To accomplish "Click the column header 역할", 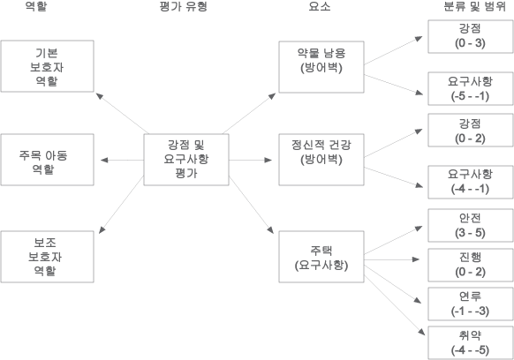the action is click(x=36, y=6).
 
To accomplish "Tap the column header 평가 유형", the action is click(x=183, y=6).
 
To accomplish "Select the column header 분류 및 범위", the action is click(x=474, y=6).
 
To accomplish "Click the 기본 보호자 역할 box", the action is click(x=47, y=66).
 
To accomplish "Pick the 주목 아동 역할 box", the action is click(x=47, y=160).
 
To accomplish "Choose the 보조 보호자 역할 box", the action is click(x=47, y=257).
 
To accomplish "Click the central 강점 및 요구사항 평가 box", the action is click(x=186, y=160).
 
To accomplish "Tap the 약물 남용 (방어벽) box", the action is click(x=321, y=67).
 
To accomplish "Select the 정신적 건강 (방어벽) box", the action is click(x=321, y=160).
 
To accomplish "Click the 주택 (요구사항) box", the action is click(x=321, y=257).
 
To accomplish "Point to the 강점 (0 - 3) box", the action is click(x=471, y=36).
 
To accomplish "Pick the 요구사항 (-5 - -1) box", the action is click(x=471, y=89).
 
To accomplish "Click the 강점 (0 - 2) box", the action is click(x=471, y=131).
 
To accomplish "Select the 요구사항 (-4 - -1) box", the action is click(x=471, y=182).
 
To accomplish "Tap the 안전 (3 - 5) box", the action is click(x=471, y=225).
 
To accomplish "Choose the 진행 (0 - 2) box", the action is click(x=471, y=265).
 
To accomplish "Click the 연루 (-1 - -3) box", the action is click(x=471, y=304).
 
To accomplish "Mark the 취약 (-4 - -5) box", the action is click(x=471, y=343).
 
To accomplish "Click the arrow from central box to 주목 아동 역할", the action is click(x=122, y=161).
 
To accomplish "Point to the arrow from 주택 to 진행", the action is click(x=391, y=259).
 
